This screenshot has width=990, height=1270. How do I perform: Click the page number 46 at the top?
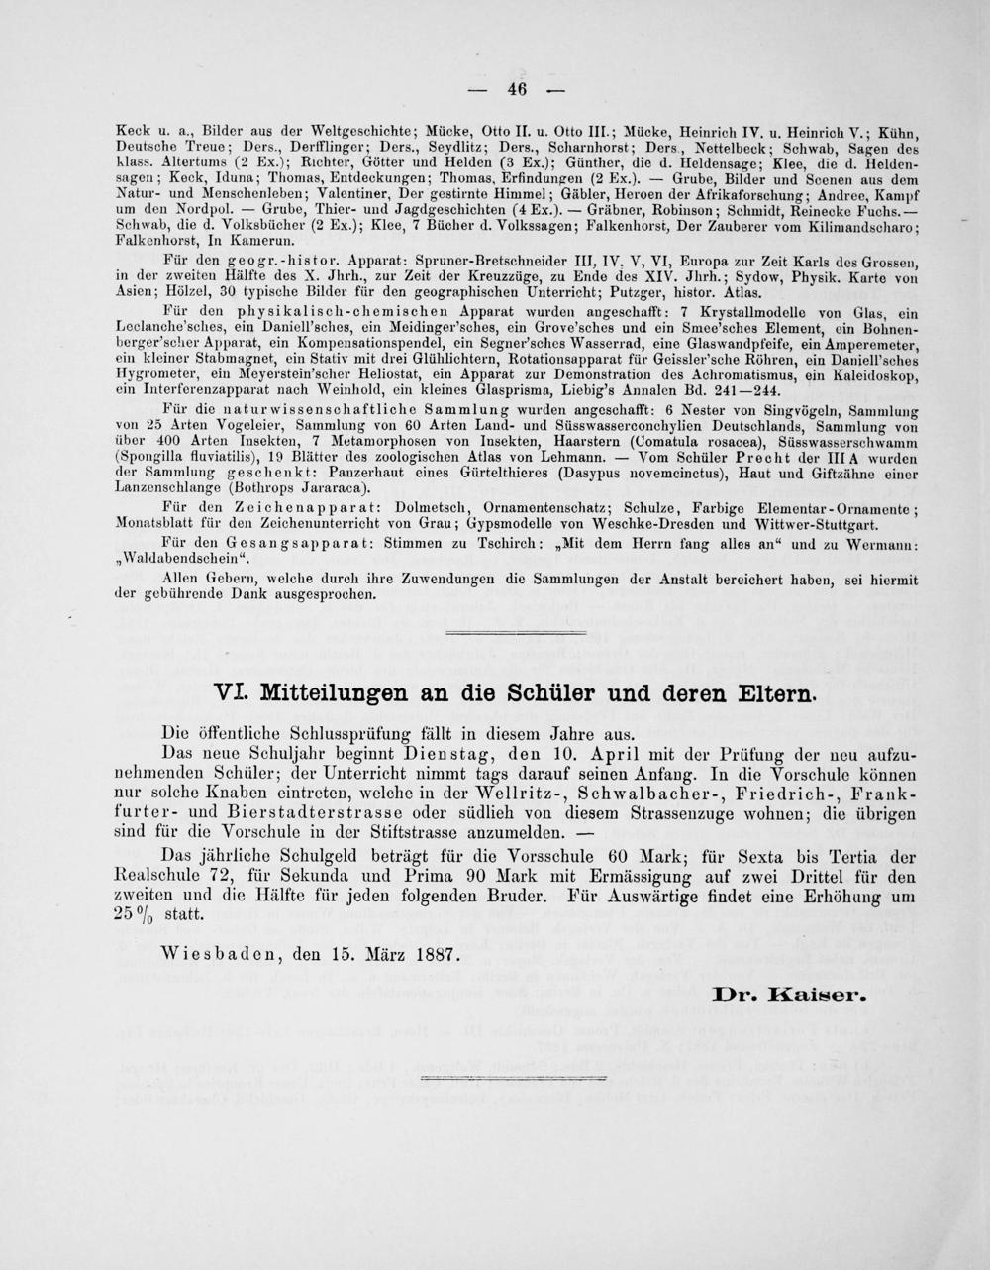pyautogui.click(x=516, y=88)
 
